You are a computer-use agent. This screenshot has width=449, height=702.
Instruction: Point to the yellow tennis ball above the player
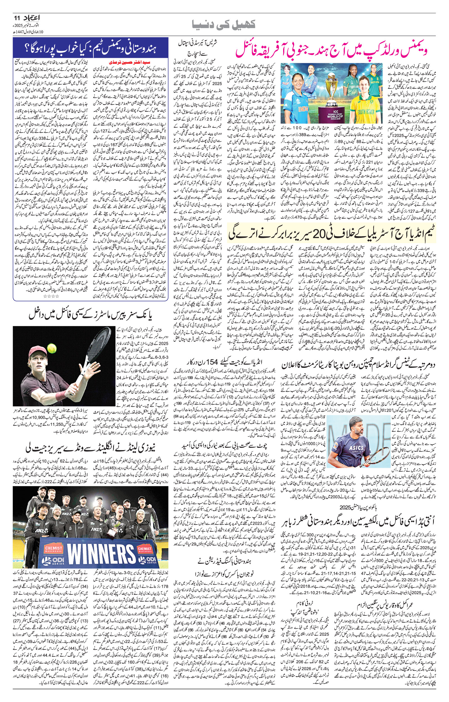click(x=52, y=348)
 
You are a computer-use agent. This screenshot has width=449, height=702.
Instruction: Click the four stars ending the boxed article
click(x=51, y=296)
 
